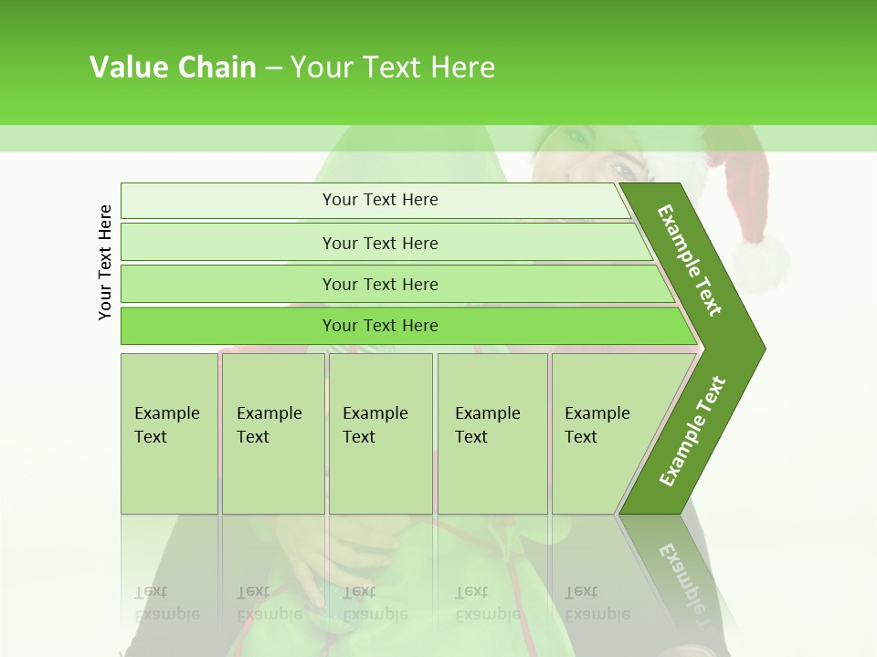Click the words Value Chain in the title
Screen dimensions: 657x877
coord(173,68)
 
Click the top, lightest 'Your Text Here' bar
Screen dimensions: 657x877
coord(379,200)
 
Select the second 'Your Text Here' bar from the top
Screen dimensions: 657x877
coord(379,243)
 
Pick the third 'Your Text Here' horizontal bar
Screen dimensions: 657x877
coord(379,284)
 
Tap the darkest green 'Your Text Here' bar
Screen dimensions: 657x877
coord(379,326)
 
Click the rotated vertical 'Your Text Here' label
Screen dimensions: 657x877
coord(106,262)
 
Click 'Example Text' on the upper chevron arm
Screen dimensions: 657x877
coord(690,260)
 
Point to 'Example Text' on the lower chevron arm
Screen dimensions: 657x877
coord(692,432)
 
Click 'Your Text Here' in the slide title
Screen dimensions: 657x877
coord(393,68)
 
